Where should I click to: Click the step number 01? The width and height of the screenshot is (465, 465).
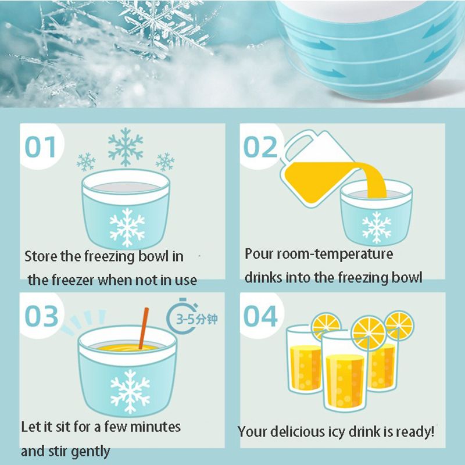coord(40,147)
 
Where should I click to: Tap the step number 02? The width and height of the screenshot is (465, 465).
coord(260,147)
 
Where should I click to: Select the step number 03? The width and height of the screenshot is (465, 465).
coord(41,316)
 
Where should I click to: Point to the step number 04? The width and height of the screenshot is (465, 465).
coord(260,316)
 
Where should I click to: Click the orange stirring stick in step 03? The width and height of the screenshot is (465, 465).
coord(144,328)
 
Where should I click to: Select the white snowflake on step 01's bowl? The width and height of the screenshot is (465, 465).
coord(127,227)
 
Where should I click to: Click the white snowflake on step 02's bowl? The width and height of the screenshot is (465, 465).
coord(377,227)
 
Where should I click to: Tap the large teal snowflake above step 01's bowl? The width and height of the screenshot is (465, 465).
coord(126,147)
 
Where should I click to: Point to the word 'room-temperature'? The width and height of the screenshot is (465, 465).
coord(335,254)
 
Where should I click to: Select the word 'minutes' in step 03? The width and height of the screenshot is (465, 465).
coord(155,427)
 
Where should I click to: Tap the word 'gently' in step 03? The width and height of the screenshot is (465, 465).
coord(91,452)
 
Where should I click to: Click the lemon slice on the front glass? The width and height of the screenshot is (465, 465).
coord(369,333)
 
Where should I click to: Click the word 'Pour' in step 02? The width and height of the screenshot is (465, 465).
coord(259,254)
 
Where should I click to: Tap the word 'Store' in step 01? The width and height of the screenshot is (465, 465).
coord(41,256)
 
